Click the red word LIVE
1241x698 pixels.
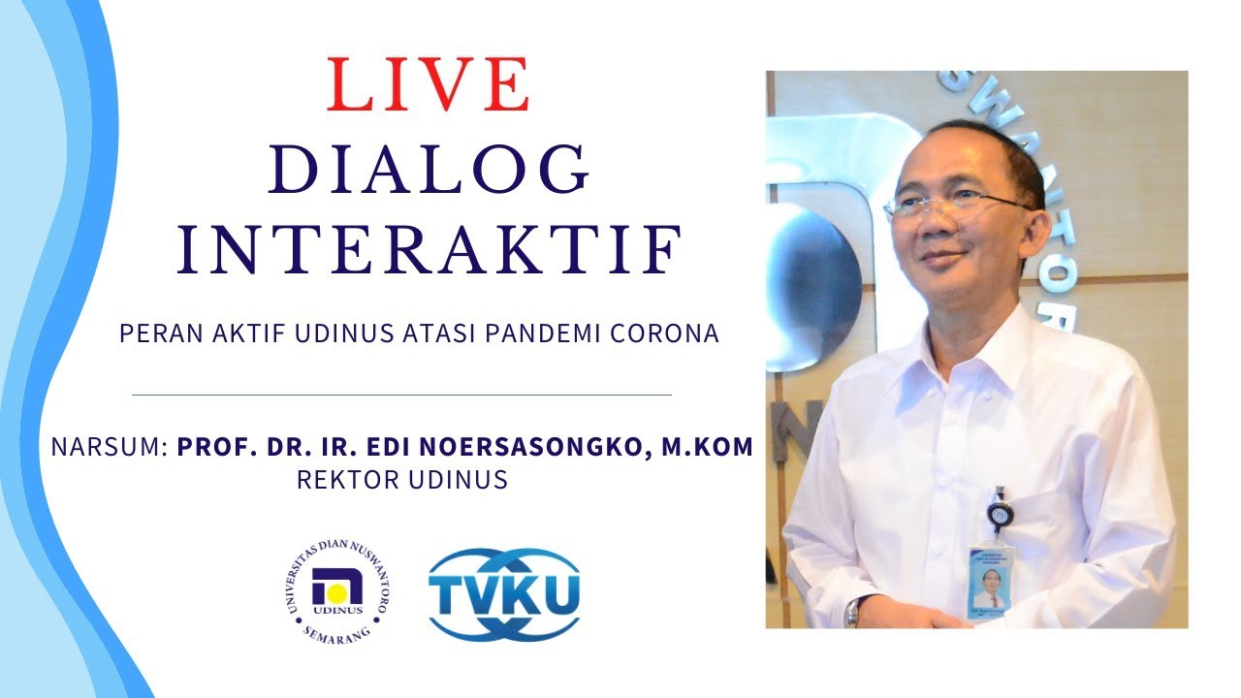click(x=430, y=85)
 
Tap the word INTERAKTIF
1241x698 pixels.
click(x=430, y=249)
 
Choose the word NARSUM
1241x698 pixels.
click(x=109, y=448)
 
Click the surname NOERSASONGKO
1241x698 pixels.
click(x=537, y=448)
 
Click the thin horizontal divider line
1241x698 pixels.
click(x=401, y=396)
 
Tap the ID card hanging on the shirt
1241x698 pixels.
click(x=990, y=580)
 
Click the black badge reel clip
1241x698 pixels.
click(x=996, y=513)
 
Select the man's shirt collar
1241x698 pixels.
click(x=979, y=334)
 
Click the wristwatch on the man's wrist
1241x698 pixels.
click(x=853, y=611)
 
